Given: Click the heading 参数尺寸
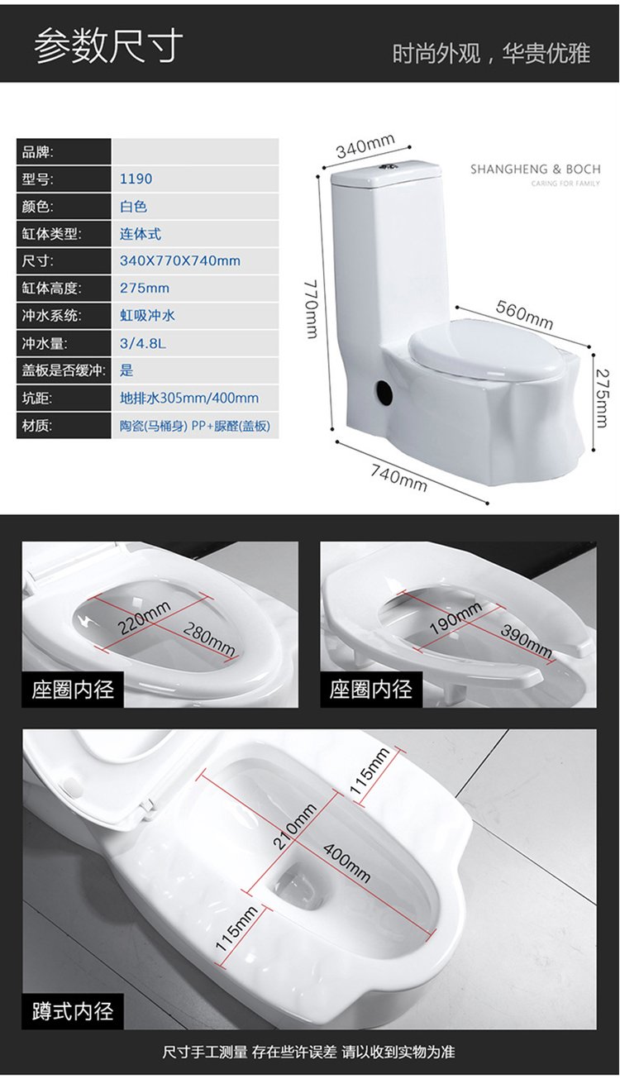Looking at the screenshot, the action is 108,46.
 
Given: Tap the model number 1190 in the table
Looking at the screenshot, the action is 136,179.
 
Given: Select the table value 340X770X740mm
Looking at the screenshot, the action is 180,261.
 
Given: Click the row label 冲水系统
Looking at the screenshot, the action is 51,316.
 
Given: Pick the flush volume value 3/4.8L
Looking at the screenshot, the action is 142,343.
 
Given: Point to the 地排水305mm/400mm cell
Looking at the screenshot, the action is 189,399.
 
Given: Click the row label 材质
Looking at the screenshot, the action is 37,426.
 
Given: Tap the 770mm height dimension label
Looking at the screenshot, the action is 312,309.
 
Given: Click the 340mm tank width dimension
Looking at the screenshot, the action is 365,146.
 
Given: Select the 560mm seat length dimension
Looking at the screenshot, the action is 525,314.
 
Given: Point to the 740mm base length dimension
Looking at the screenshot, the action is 399,477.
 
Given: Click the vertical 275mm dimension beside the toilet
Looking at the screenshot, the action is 602,398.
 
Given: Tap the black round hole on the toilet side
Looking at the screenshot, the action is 384,392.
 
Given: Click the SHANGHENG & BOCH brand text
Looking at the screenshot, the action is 535,169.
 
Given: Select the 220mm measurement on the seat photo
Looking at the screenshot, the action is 144,618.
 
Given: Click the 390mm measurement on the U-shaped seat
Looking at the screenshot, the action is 526,641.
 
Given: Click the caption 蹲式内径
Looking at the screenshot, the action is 73,1010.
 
